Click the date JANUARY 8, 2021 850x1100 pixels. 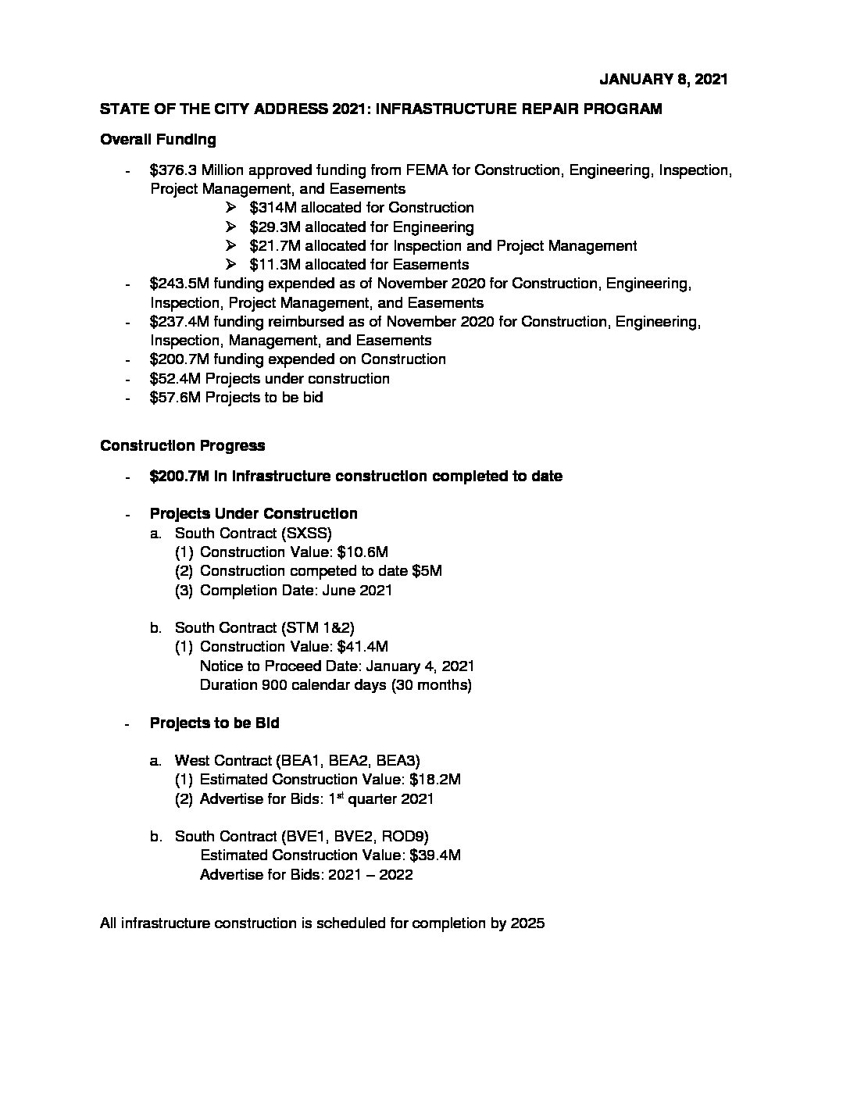point(663,79)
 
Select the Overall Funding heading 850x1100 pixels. point(158,140)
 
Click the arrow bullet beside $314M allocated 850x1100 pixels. point(230,208)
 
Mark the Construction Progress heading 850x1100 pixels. point(183,446)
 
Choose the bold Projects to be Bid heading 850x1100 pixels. point(214,723)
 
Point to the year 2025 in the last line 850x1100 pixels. point(527,923)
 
